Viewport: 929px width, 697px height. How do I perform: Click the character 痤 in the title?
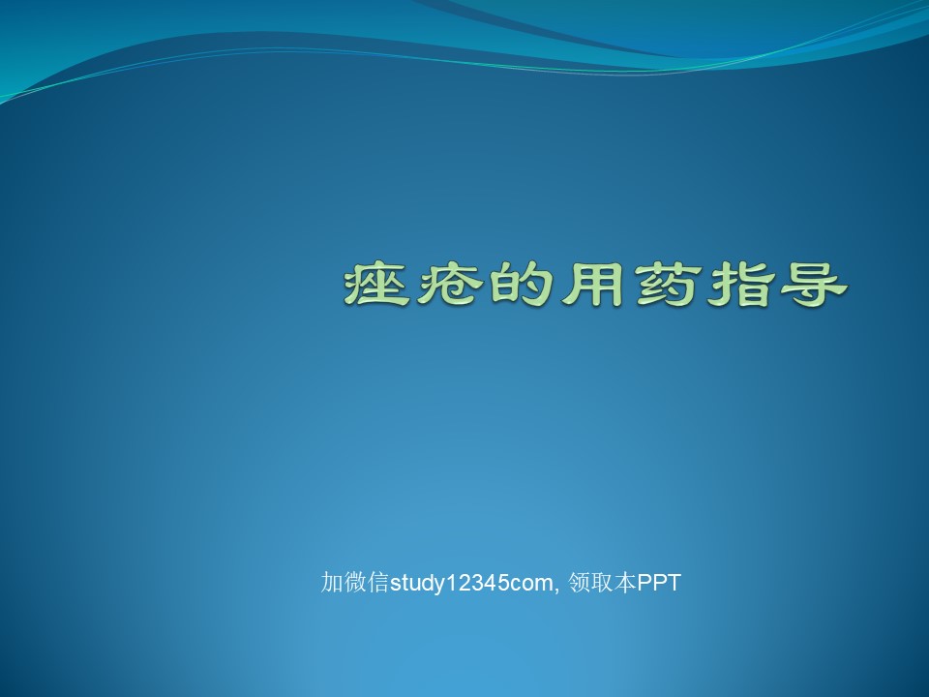376,285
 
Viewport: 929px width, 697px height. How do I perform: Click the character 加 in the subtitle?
332,582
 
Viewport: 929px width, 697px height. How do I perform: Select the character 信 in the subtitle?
378,582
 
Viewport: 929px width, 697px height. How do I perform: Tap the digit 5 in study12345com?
495,583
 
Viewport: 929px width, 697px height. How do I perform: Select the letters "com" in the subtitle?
528,585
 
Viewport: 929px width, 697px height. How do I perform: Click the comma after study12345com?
557,591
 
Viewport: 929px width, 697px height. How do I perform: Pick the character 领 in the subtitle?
580,582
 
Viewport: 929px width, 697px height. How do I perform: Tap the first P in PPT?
644,583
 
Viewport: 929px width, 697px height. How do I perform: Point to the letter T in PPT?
674,583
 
